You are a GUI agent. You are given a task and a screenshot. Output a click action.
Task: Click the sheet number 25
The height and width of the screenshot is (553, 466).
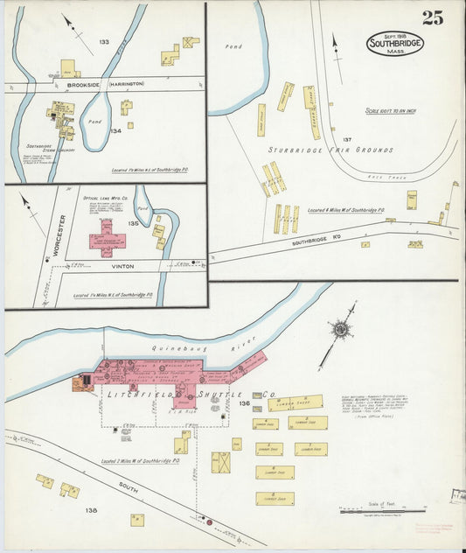coord(431,17)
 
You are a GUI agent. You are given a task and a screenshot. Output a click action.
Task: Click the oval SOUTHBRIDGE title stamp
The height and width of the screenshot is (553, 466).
coord(395,43)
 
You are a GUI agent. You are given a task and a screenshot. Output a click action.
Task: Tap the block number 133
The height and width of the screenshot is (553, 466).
coord(104,41)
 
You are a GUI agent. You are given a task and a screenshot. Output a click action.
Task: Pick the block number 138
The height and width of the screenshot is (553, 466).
coord(92,509)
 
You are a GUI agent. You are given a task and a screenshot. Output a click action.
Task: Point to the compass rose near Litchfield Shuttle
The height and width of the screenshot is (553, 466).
coord(339,330)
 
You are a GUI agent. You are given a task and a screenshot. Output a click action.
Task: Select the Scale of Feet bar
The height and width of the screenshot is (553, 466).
coord(381,508)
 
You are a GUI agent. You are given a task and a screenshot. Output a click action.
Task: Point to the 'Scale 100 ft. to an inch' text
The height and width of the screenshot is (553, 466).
coord(396,110)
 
